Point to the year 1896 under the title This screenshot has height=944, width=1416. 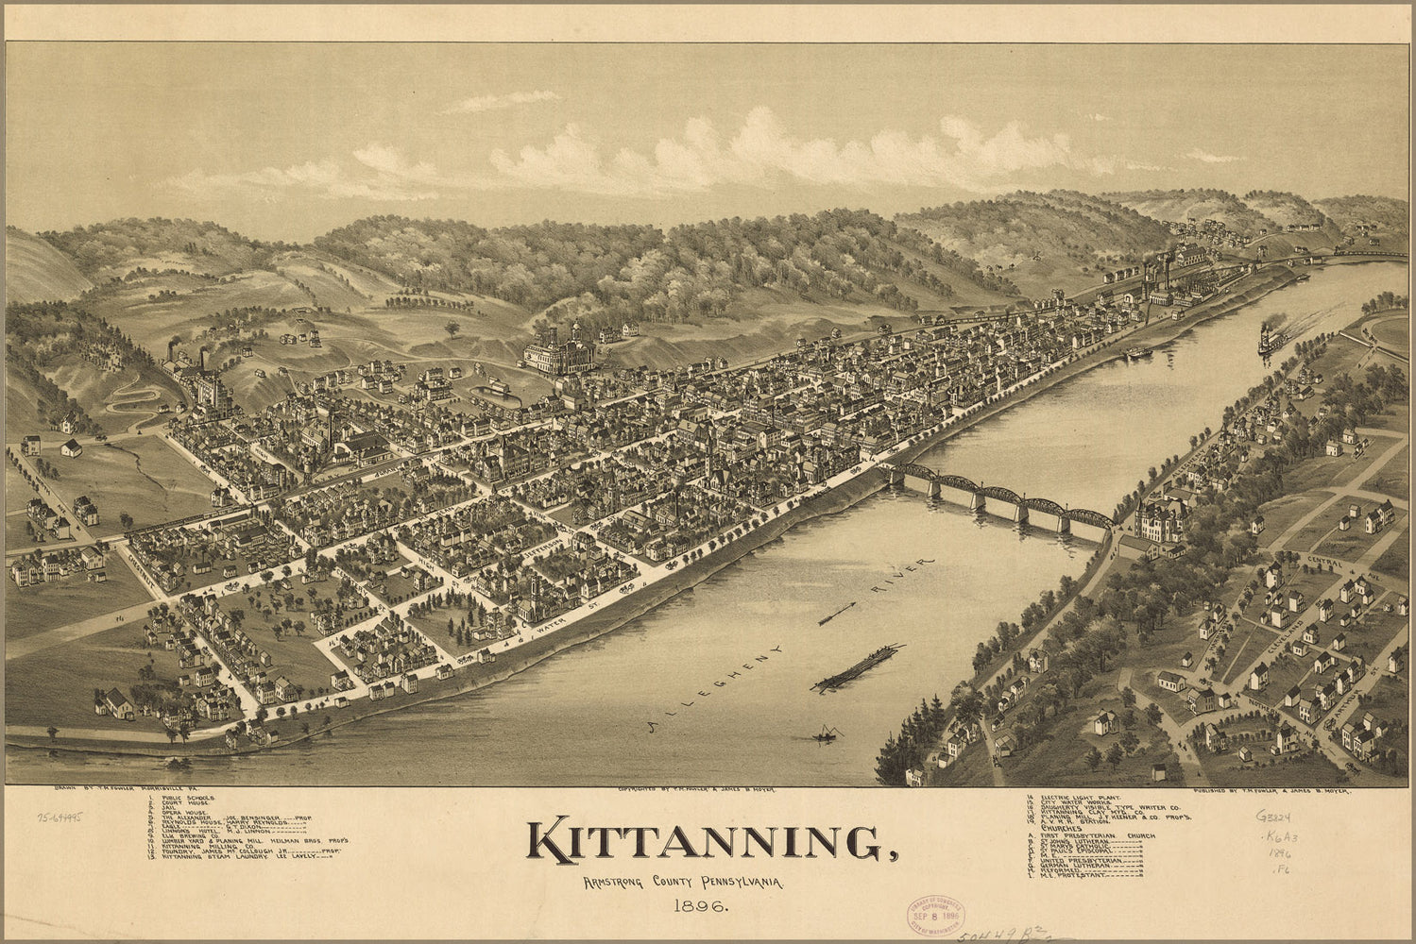coord(694,908)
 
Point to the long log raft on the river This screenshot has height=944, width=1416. coord(858,667)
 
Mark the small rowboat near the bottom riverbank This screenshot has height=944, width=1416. coord(824,733)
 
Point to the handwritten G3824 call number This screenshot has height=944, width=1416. coord(1272,816)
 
